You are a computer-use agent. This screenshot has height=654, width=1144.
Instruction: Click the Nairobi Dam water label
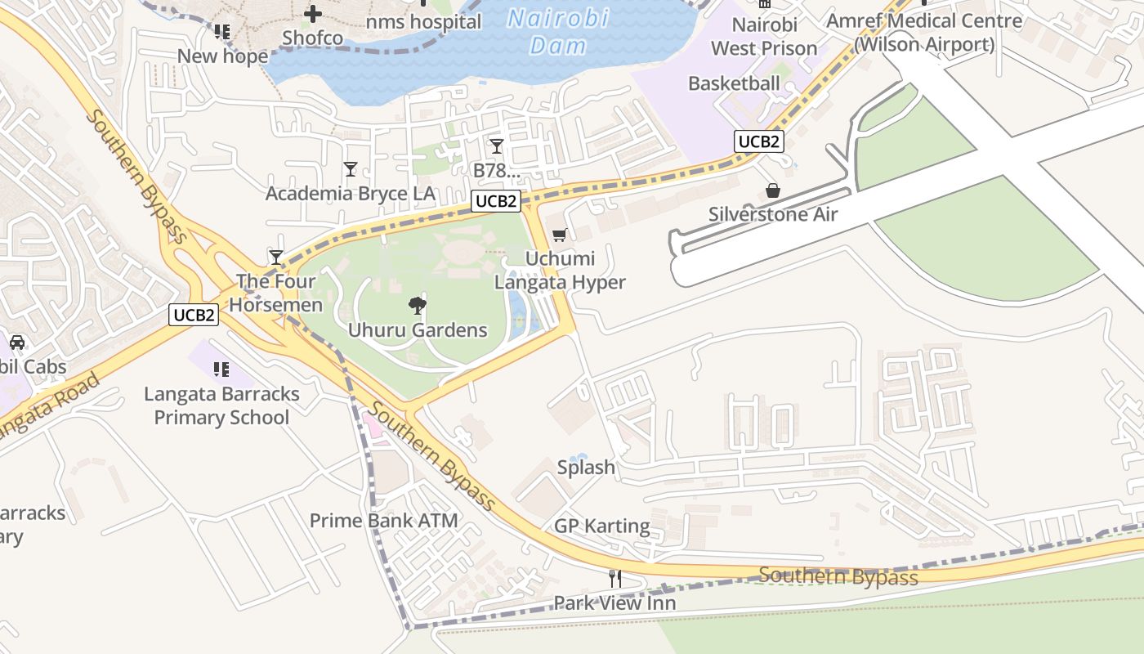click(x=558, y=31)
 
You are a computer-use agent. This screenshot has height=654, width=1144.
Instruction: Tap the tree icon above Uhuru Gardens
click(x=418, y=307)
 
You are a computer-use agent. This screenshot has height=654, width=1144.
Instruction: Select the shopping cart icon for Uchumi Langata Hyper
click(x=560, y=235)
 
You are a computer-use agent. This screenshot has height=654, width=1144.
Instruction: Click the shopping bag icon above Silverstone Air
click(x=772, y=190)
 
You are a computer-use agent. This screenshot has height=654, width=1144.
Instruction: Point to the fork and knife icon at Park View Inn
click(x=615, y=578)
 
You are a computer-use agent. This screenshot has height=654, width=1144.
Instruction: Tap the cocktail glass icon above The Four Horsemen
click(x=276, y=257)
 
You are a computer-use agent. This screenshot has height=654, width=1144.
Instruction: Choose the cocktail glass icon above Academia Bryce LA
click(x=351, y=169)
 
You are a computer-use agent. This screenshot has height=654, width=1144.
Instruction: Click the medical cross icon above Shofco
click(x=313, y=14)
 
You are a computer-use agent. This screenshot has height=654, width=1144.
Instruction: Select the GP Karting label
click(x=602, y=526)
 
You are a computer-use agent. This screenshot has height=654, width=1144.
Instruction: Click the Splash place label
click(x=586, y=468)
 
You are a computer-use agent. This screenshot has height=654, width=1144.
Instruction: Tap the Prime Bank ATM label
click(x=383, y=520)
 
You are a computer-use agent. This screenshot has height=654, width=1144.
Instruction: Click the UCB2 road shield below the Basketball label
click(x=758, y=141)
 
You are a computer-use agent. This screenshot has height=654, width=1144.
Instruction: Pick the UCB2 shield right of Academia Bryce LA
click(x=495, y=201)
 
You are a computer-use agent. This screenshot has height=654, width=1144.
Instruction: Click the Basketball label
click(x=734, y=83)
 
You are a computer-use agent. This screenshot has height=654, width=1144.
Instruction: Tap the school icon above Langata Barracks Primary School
click(x=221, y=370)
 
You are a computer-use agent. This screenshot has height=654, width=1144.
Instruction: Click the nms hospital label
click(x=423, y=22)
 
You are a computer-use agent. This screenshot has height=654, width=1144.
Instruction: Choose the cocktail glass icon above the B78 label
click(x=496, y=146)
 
